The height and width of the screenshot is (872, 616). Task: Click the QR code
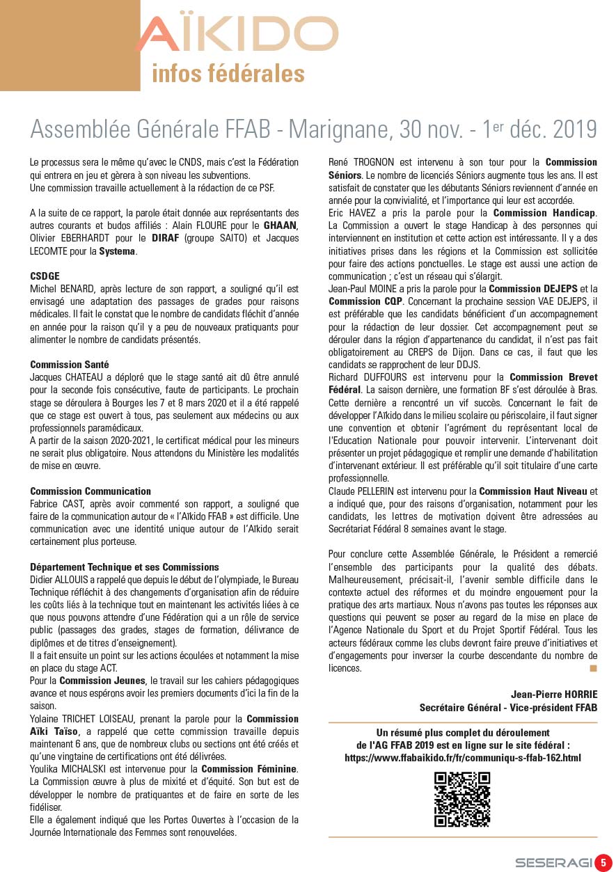462,799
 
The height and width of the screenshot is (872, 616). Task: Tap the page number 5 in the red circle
603,862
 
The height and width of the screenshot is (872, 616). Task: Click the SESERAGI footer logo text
553,863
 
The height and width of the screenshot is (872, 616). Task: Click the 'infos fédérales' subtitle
228,73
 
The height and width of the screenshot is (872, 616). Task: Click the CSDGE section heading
45,276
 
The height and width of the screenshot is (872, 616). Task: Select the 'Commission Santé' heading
70,365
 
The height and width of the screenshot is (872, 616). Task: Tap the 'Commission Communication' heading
90,491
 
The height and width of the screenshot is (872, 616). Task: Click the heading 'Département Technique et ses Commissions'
125,567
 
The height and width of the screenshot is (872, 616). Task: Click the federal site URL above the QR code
463,758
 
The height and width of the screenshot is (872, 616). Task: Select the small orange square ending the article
593,669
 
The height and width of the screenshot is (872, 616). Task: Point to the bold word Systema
118,251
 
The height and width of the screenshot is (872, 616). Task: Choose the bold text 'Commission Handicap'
545,213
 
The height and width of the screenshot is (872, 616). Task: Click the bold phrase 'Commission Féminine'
249,769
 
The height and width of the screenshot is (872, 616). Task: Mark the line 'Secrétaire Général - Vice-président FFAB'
508,707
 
